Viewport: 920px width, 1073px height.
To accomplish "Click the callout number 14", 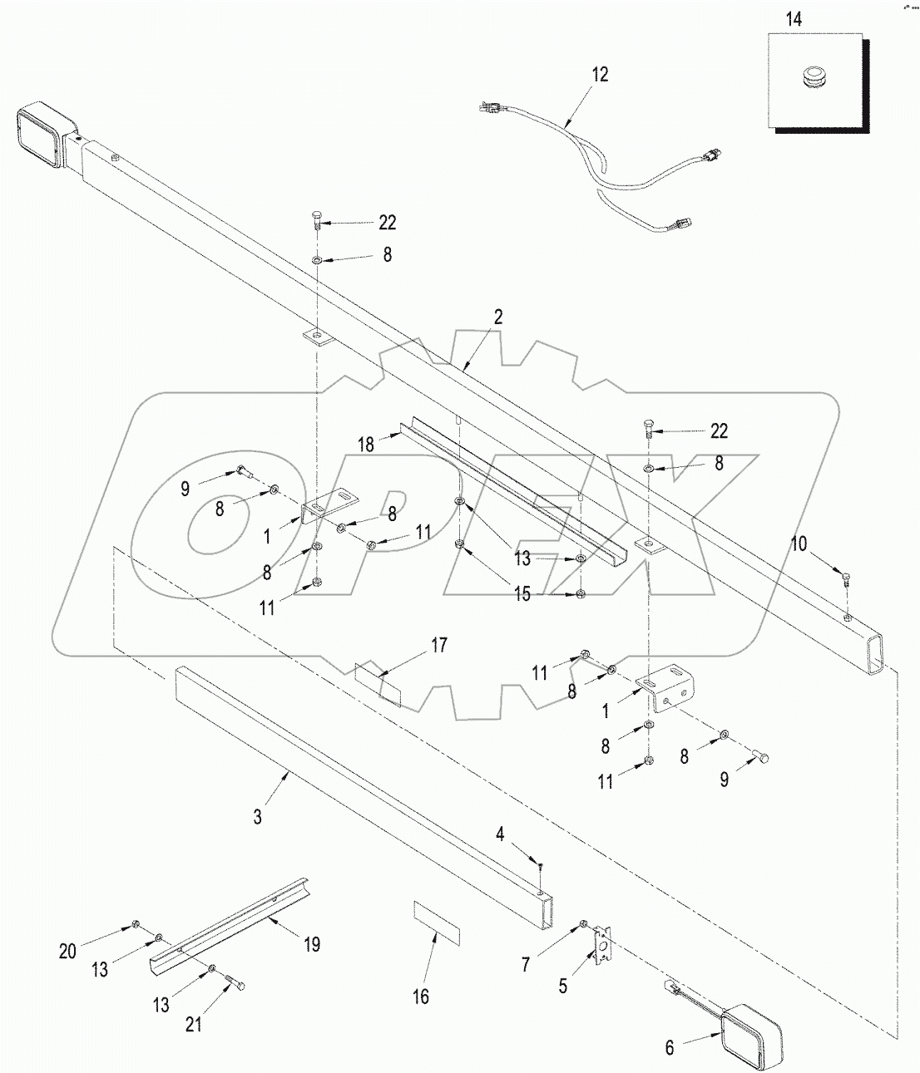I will (794, 19).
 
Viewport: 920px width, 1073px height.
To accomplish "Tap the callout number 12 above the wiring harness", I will (600, 75).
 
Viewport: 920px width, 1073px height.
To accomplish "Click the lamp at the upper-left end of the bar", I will (42, 134).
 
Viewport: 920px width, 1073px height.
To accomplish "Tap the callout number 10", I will (799, 544).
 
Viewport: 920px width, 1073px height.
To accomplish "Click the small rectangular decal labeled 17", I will (378, 683).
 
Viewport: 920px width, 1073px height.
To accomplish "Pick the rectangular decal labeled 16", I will (437, 921).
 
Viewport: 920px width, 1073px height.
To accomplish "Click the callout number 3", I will (258, 817).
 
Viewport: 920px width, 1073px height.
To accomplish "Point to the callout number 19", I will (311, 944).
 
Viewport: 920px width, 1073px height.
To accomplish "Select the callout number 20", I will (67, 952).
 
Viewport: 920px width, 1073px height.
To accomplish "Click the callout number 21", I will (193, 1025).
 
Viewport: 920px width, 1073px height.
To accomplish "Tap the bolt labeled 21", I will (235, 983).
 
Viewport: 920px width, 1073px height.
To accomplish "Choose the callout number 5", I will (563, 986).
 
